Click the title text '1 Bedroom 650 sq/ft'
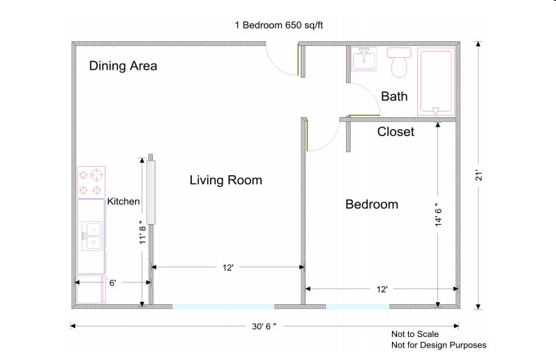pyautogui.click(x=279, y=25)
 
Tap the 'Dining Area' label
pyautogui.click(x=123, y=66)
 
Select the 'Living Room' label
pyautogui.click(x=226, y=181)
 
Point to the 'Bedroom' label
pyautogui.click(x=372, y=204)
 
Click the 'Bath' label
pyautogui.click(x=394, y=96)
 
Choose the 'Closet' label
pyautogui.click(x=396, y=131)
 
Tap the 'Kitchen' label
pyautogui.click(x=123, y=202)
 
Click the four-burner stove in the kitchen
pyautogui.click(x=91, y=182)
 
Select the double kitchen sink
pyautogui.click(x=91, y=236)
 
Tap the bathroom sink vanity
pyautogui.click(x=363, y=60)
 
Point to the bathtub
pyautogui.click(x=435, y=82)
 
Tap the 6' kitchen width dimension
pyautogui.click(x=112, y=283)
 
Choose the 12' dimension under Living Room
pyautogui.click(x=227, y=267)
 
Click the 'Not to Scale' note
pyautogui.click(x=415, y=334)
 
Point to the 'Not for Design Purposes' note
pyautogui.click(x=438, y=345)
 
